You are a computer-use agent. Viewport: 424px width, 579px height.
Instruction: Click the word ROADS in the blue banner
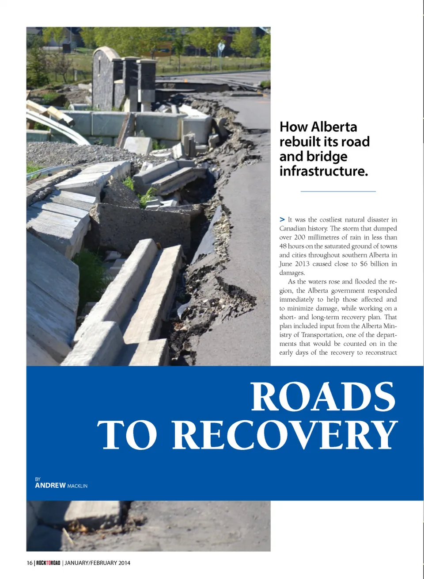323,397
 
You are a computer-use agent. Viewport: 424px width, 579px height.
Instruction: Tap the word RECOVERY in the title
285,435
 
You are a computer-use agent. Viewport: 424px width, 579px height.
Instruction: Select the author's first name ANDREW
50,485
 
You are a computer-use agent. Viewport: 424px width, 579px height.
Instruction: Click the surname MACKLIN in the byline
77,486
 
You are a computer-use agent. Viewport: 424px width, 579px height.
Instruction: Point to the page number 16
30,563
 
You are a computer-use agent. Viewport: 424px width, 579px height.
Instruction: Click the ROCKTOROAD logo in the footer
48,563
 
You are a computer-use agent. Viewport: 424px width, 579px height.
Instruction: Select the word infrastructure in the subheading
323,171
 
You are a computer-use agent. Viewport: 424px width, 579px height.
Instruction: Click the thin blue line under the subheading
338,191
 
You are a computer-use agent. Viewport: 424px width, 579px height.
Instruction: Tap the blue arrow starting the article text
282,219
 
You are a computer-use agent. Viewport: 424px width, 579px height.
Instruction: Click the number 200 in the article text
300,237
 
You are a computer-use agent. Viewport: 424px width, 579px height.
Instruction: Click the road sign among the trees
221,47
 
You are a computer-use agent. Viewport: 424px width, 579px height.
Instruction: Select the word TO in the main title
127,435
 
